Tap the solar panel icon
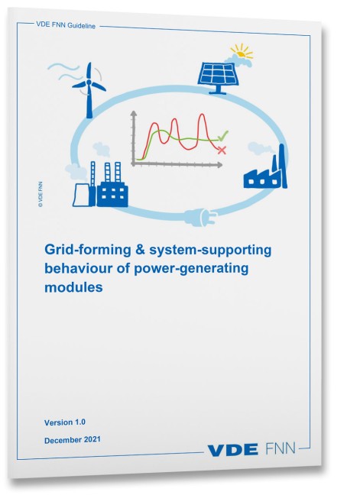218,78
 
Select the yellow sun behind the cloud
242,51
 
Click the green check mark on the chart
223,136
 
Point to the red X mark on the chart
222,150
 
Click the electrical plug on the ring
201,217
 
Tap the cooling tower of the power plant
80,195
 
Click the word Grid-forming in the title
87,250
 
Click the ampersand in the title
140,249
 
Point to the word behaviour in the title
78,268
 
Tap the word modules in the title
73,287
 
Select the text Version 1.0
65,422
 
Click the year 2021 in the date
92,439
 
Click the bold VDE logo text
232,450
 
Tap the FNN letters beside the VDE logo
281,448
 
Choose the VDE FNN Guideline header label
66,25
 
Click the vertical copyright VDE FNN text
40,194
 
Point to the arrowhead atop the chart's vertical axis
134,114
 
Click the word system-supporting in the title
210,250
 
